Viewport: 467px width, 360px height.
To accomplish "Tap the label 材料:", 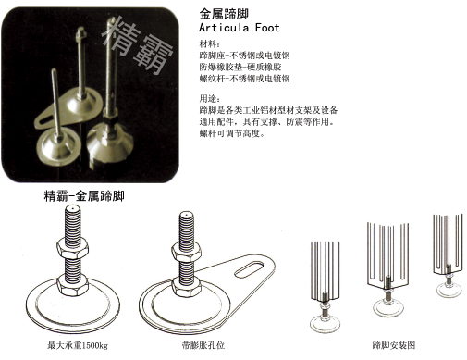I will click(x=210, y=43).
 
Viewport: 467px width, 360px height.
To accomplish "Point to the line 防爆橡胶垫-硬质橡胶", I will click(x=242, y=68).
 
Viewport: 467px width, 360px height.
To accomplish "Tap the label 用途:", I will click(x=210, y=97).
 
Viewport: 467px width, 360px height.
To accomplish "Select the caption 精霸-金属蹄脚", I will click(x=84, y=197).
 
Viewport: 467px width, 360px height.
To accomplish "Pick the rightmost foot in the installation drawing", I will click(x=447, y=268).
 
